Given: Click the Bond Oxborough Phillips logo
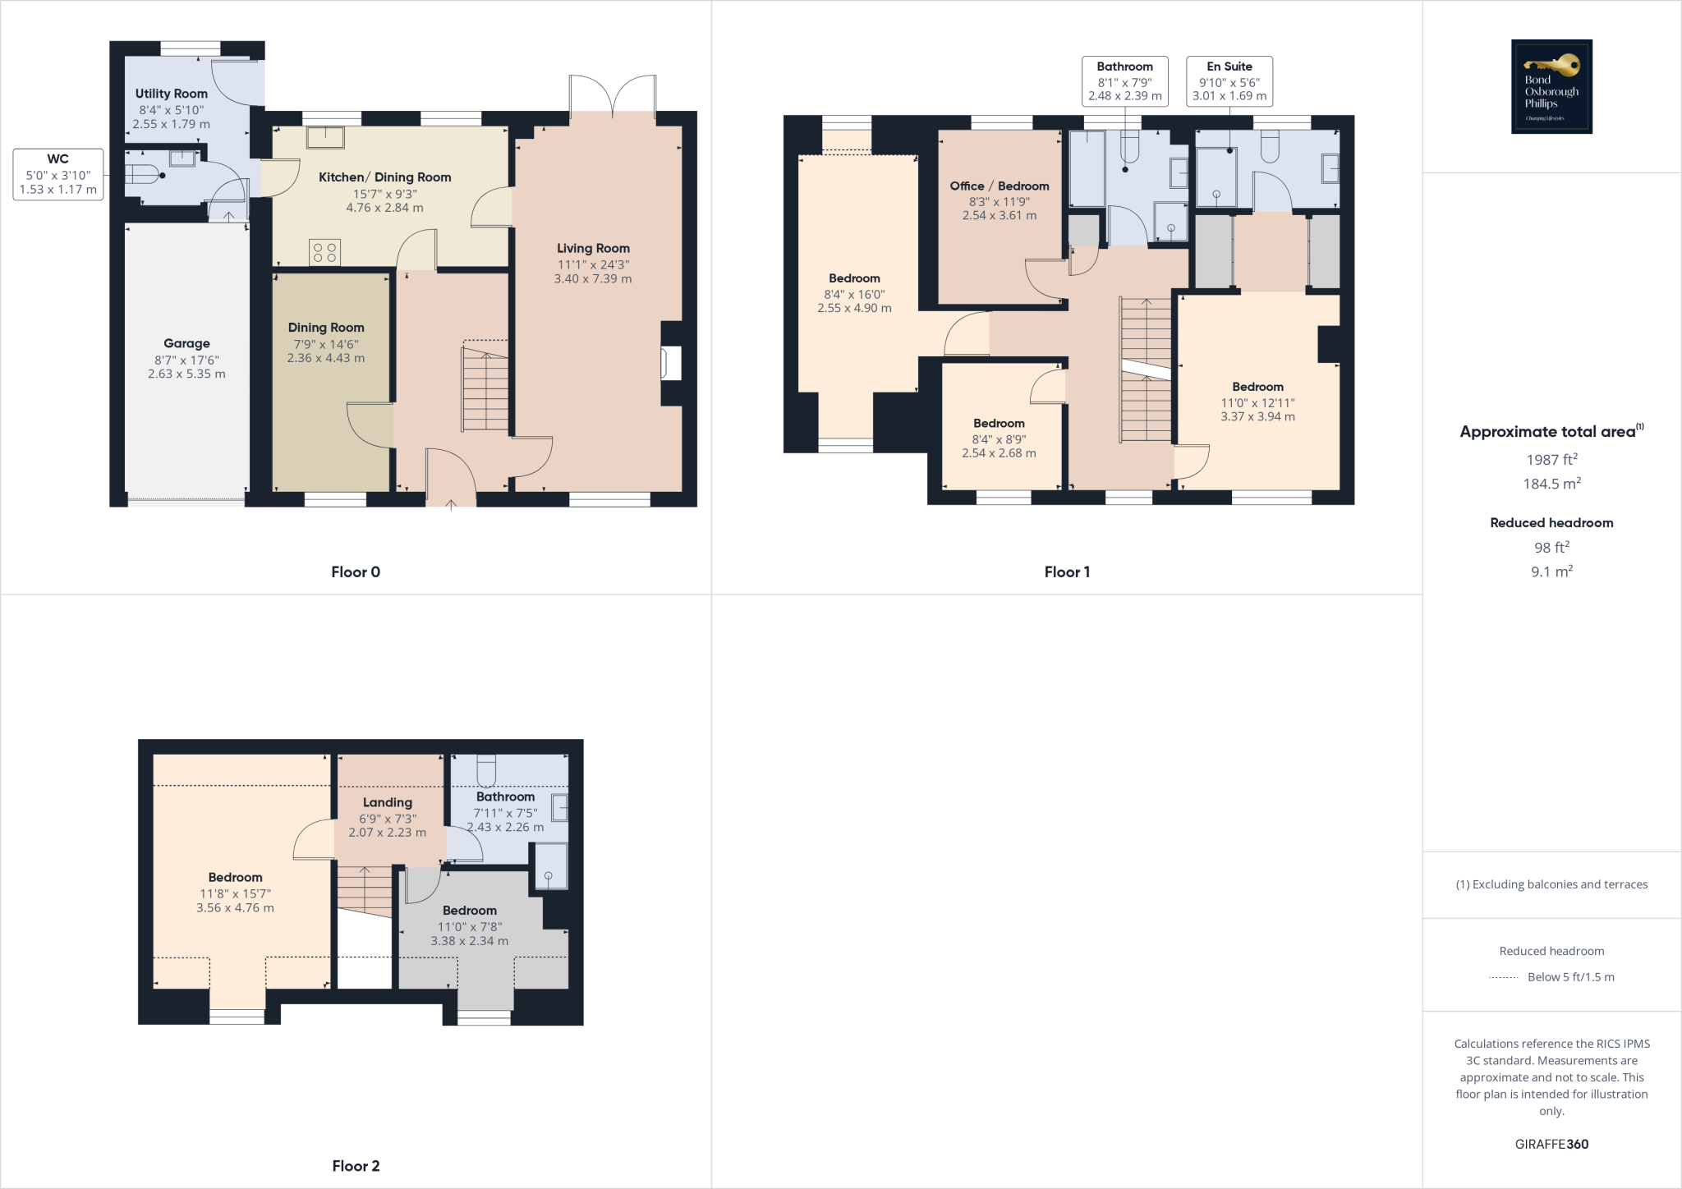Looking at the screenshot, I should [x=1551, y=86].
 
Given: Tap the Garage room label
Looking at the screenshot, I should [x=186, y=343].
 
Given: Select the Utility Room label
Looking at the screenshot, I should [x=171, y=94].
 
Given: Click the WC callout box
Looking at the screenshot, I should [x=58, y=174].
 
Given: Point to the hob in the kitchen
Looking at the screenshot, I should [x=324, y=252].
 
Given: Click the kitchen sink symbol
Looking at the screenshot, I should [x=325, y=136].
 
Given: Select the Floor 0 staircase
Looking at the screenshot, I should [x=485, y=388].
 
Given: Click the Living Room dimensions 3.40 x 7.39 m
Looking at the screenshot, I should [x=593, y=279].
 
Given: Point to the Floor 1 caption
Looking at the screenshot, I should [x=1067, y=572].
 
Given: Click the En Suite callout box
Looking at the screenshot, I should [x=1229, y=80].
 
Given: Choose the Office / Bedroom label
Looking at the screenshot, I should [x=1000, y=186].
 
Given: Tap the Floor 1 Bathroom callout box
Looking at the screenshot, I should [x=1124, y=80].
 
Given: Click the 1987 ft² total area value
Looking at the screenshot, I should [x=1551, y=460].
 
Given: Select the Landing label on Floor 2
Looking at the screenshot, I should [x=388, y=802].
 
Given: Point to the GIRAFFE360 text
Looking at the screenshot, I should [x=1551, y=1144].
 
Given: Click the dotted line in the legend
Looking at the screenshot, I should [x=1503, y=977].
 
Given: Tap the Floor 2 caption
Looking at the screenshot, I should [x=356, y=1166].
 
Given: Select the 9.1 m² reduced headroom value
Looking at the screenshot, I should [x=1551, y=572].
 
